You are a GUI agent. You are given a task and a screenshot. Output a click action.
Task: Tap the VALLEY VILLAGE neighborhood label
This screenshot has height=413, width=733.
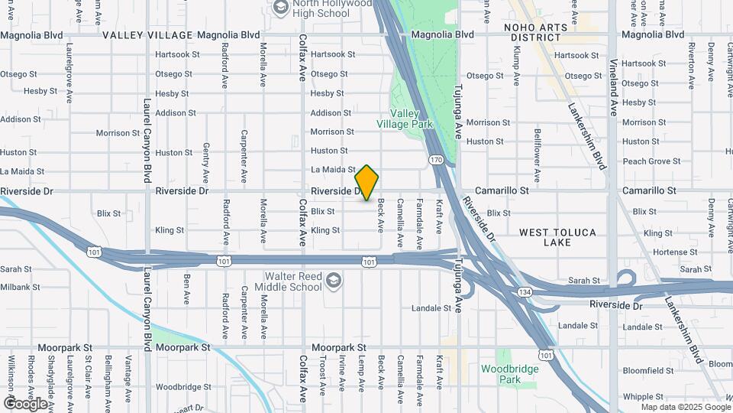tap(147, 35)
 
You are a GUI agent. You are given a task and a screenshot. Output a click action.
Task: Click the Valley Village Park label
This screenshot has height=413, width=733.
tap(405, 119)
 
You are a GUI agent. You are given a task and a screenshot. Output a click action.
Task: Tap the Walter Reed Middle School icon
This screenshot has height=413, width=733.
tap(333, 281)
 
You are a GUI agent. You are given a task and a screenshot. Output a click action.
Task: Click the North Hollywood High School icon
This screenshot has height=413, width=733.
tap(279, 7)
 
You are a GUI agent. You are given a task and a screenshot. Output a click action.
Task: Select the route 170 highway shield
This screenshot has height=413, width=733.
tap(435, 160)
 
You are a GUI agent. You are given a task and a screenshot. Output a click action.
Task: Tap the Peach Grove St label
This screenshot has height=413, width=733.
tap(651, 161)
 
